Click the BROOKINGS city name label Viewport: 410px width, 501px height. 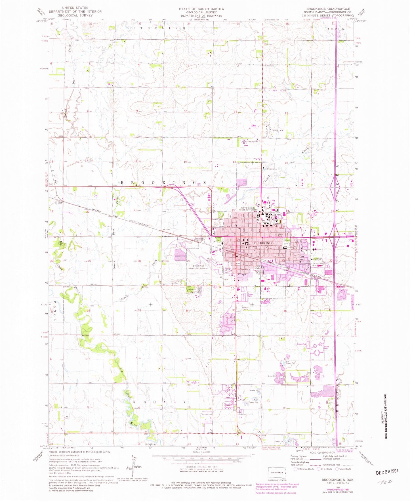[x=264, y=243]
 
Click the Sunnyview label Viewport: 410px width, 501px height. [x=277, y=130]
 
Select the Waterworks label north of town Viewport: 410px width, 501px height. [x=271, y=169]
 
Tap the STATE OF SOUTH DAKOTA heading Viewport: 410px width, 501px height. [x=201, y=9]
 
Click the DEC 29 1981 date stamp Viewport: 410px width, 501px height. [x=387, y=471]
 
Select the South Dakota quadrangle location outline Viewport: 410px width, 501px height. [x=277, y=473]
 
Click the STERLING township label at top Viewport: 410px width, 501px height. [x=159, y=28]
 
